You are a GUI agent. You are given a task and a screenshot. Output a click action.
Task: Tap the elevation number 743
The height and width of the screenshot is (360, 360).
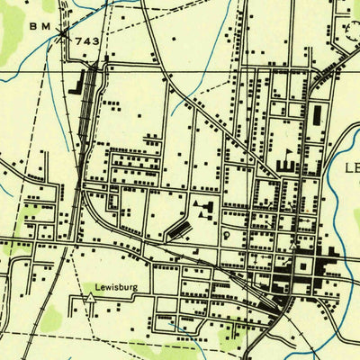click(x=87, y=41)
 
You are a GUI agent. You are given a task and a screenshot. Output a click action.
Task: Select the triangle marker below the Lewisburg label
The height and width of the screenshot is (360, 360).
click(x=90, y=306)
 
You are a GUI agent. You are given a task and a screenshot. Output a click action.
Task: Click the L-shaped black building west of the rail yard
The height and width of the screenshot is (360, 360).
click(x=74, y=87)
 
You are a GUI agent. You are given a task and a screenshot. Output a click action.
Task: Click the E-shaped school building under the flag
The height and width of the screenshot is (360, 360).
click(x=287, y=166)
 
